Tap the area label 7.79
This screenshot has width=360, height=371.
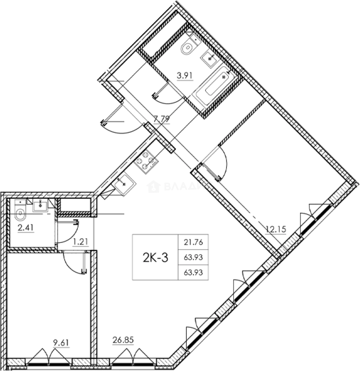(161, 120)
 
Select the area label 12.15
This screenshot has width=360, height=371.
(276, 228)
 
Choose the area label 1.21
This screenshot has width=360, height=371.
(80, 241)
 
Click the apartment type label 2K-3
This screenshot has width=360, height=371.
(155, 257)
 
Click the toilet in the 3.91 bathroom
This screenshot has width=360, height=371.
(188, 48)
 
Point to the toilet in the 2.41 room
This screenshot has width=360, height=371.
(20, 214)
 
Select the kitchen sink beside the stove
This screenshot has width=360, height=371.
(124, 183)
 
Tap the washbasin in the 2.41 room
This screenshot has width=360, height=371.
(41, 206)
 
